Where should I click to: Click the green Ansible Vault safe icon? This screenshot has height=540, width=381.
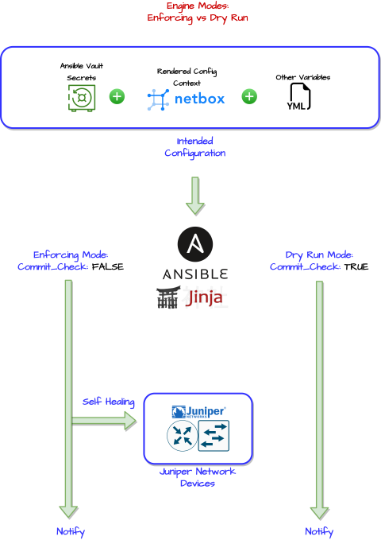click(x=82, y=98)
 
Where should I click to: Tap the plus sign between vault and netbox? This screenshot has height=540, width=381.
click(x=117, y=96)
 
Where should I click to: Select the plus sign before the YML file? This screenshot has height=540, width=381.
click(x=249, y=96)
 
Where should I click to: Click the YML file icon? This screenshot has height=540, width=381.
click(x=298, y=97)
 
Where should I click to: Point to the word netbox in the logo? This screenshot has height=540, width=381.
click(x=199, y=99)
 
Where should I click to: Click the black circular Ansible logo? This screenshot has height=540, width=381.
click(x=195, y=244)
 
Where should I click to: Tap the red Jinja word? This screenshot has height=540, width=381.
click(x=204, y=298)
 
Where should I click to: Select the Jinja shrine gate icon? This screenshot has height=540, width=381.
click(x=168, y=297)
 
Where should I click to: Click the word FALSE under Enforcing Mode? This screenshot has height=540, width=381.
click(x=108, y=267)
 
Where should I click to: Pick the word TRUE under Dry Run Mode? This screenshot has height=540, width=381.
click(x=356, y=267)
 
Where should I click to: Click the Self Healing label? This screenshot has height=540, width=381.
click(x=108, y=402)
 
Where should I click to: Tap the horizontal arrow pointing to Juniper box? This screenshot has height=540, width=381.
click(x=104, y=421)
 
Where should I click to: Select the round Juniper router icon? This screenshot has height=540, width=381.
click(x=183, y=436)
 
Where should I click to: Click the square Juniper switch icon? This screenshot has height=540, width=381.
click(x=214, y=436)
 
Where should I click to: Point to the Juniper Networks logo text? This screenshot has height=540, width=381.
click(x=198, y=412)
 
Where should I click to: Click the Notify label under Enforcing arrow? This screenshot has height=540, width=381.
click(x=71, y=532)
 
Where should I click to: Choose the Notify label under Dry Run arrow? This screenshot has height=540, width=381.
click(x=319, y=532)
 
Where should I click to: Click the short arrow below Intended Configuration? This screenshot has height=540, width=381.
click(x=195, y=196)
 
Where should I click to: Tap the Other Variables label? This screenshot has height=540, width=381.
click(x=303, y=77)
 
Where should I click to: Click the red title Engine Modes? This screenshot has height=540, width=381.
click(x=198, y=6)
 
